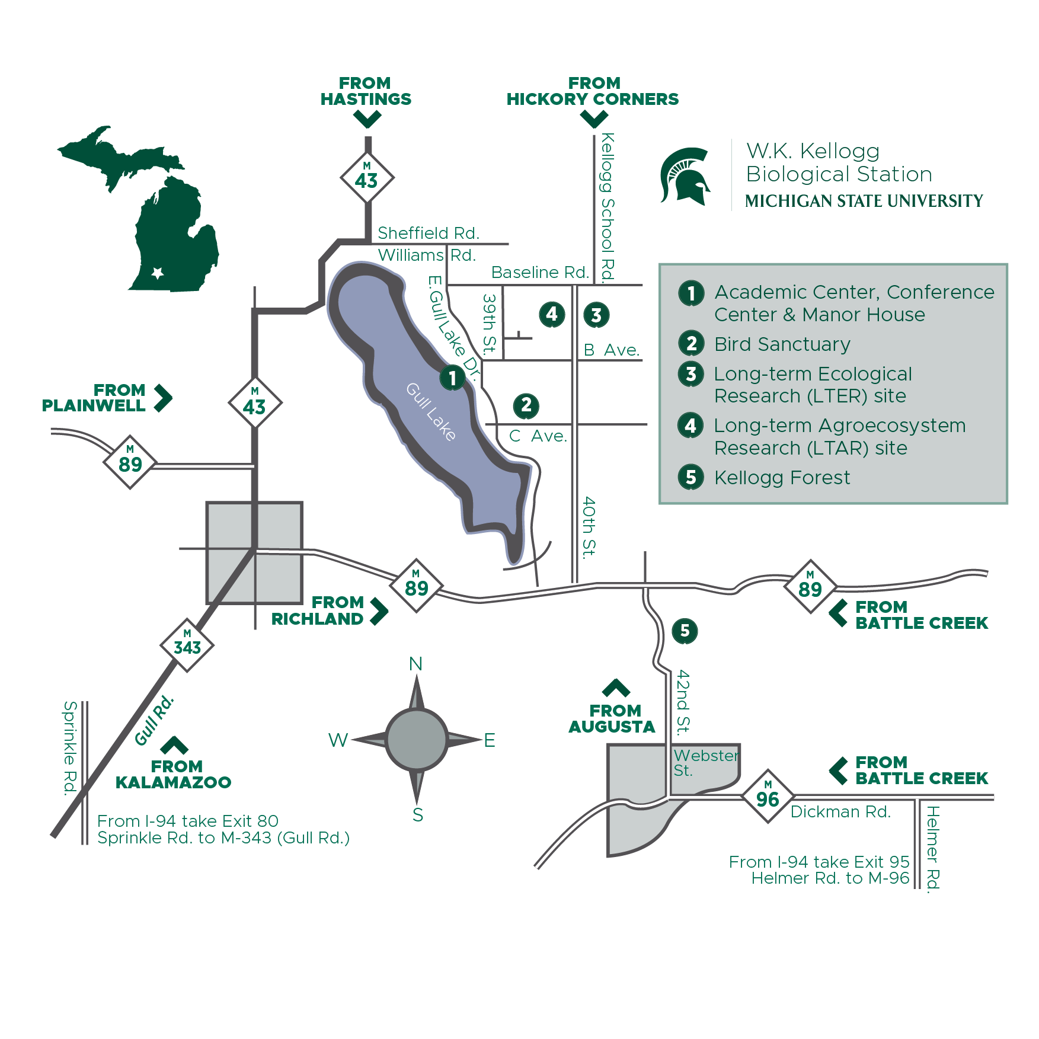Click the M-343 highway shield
[x=187, y=645]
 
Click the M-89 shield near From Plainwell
[x=130, y=462]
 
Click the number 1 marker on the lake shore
[x=452, y=378]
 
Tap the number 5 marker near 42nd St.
[x=685, y=631]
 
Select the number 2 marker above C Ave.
[x=526, y=405]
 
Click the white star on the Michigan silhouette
[x=158, y=273]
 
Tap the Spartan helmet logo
[x=685, y=176]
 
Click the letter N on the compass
[x=416, y=664]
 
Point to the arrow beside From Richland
[x=379, y=611]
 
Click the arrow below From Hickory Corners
[x=594, y=120]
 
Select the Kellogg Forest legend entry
[x=782, y=478]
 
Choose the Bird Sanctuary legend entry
[x=782, y=344]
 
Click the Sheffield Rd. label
[x=428, y=233]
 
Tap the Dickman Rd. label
[x=840, y=812]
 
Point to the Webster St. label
[x=705, y=763]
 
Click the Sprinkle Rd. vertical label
[x=70, y=747]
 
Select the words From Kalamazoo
[x=174, y=774]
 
